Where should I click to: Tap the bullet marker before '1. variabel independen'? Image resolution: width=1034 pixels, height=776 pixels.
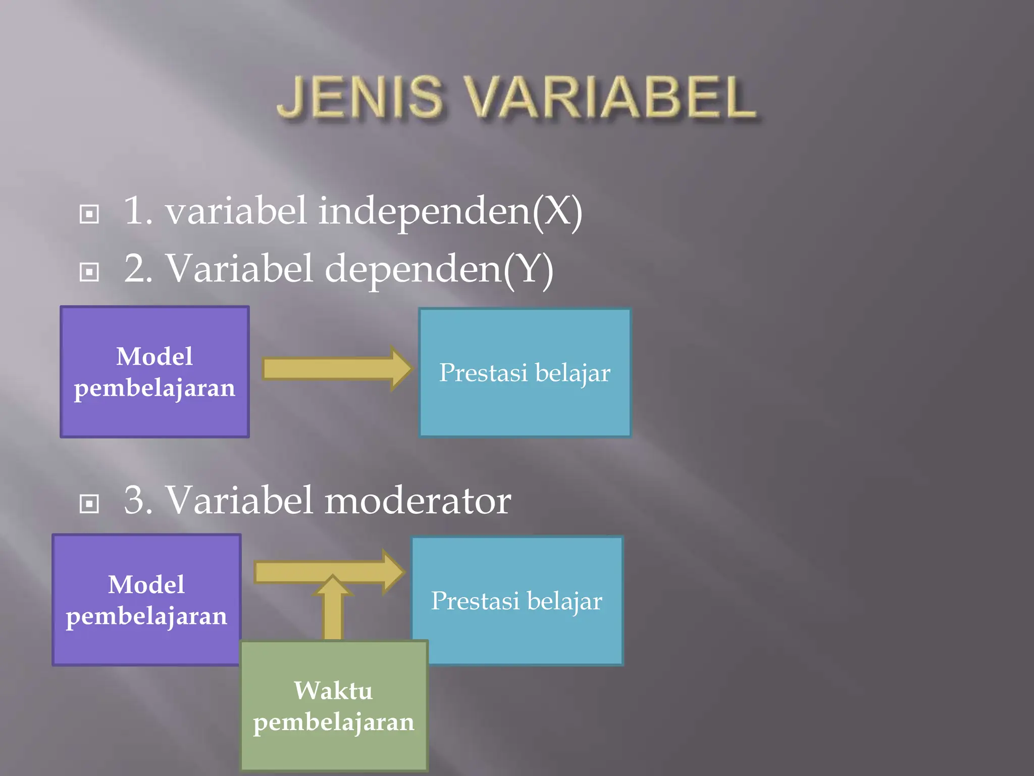pyautogui.click(x=89, y=214)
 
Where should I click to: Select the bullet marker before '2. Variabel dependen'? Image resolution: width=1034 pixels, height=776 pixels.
pyautogui.click(x=89, y=272)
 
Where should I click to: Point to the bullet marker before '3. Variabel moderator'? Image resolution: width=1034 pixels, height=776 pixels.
pyautogui.click(x=89, y=503)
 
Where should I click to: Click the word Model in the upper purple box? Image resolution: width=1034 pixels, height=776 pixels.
pyautogui.click(x=154, y=356)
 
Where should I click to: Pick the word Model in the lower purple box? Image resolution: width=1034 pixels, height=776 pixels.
pyautogui.click(x=146, y=585)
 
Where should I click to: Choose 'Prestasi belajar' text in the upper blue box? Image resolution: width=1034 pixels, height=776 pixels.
pyautogui.click(x=525, y=373)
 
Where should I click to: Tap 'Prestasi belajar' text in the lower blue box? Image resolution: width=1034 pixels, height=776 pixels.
pyautogui.click(x=516, y=601)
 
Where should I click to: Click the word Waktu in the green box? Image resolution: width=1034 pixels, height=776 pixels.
pyautogui.click(x=333, y=691)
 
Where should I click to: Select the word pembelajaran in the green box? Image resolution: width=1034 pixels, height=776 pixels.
pyautogui.click(x=333, y=722)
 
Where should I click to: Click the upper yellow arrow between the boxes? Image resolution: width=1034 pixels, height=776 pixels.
pyautogui.click(x=333, y=369)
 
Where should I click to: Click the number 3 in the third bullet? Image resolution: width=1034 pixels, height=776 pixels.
pyautogui.click(x=137, y=500)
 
